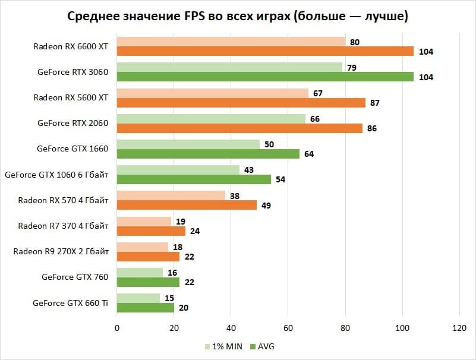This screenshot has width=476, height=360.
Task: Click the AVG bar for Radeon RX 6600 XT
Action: (x=265, y=52)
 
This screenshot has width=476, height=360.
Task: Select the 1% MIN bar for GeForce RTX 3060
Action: (x=229, y=67)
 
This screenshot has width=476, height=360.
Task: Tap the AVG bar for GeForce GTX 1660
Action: (x=208, y=154)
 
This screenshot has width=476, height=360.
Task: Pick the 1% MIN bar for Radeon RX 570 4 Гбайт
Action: (x=171, y=195)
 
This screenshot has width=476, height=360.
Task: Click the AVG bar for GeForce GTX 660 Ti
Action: (x=146, y=308)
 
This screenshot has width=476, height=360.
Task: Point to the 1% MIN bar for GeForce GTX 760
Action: (x=140, y=272)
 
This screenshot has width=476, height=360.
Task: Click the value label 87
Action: (x=374, y=103)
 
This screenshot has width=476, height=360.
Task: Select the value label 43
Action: (x=249, y=170)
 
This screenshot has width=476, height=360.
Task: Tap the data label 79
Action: (x=352, y=67)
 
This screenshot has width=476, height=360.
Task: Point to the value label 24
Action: (x=195, y=231)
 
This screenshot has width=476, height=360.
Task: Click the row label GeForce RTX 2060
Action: (x=72, y=124)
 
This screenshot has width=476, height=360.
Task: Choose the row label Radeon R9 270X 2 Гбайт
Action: (x=61, y=251)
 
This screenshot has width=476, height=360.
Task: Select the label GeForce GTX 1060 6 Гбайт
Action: (x=56, y=175)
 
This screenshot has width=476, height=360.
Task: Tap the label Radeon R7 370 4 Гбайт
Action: (x=63, y=226)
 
